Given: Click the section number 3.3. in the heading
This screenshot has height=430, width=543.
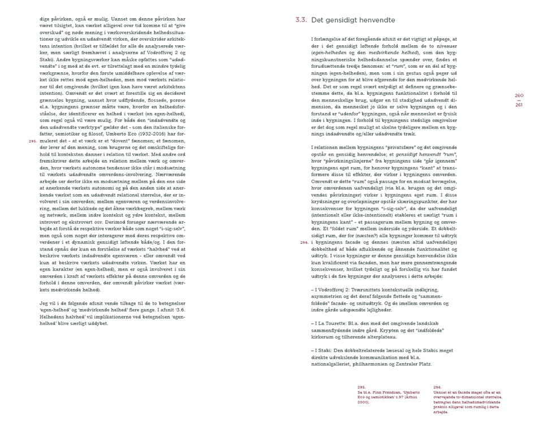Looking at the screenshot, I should (301, 20).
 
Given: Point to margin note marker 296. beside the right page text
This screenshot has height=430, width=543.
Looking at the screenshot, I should (304, 243).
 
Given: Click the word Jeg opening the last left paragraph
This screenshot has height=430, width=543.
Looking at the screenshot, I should (44, 303).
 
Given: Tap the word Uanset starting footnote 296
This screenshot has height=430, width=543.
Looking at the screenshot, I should (441, 392).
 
